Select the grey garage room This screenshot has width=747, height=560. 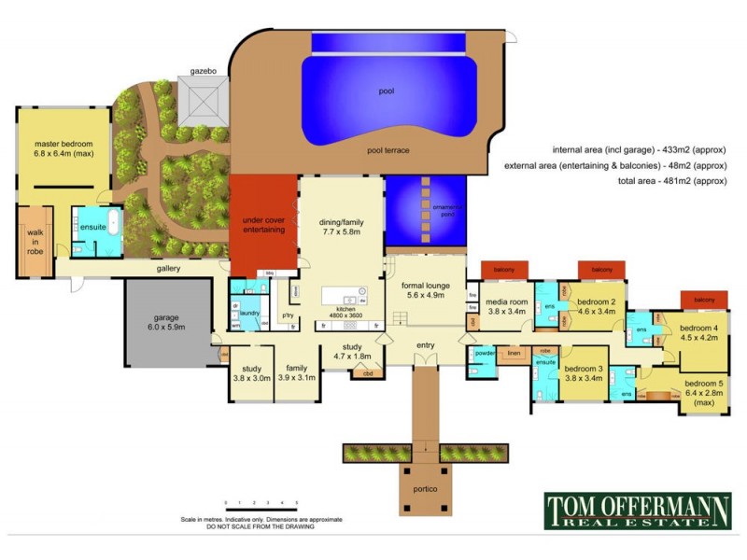(x=168, y=322)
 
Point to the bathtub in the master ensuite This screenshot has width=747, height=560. (x=113, y=225)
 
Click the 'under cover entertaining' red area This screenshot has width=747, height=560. (x=264, y=224)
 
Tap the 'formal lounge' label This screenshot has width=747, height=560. (x=426, y=289)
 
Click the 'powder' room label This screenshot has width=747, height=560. (x=484, y=354)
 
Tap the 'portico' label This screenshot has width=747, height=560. (x=425, y=488)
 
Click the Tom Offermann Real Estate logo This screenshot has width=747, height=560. (x=639, y=511)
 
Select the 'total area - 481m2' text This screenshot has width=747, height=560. (x=671, y=181)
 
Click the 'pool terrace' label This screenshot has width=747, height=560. (x=388, y=149)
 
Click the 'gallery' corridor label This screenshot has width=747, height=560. (x=168, y=269)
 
